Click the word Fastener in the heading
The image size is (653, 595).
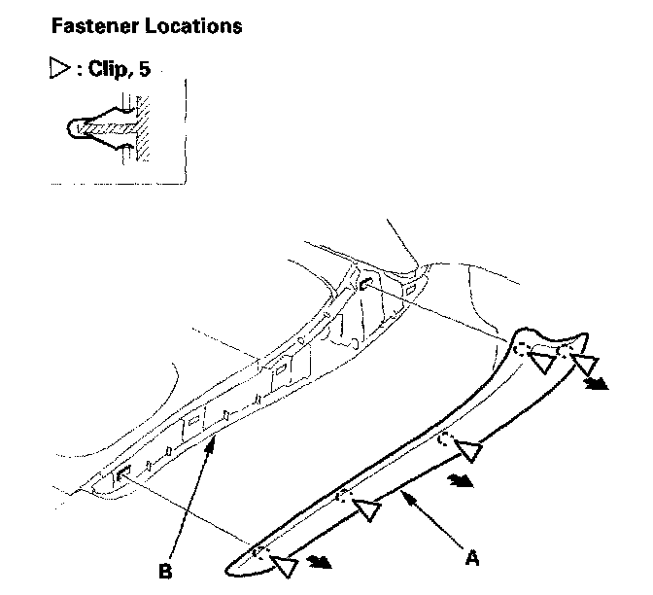pyautogui.click(x=95, y=25)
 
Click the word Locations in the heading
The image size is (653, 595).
pyautogui.click(x=193, y=25)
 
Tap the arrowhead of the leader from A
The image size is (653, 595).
pyautogui.click(x=407, y=497)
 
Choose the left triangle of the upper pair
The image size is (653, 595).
pyautogui.click(x=543, y=363)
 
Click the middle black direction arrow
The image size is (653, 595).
pyautogui.click(x=461, y=479)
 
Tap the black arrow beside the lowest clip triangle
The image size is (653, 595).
pyautogui.click(x=318, y=562)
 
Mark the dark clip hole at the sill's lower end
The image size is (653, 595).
pyautogui.click(x=124, y=475)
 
